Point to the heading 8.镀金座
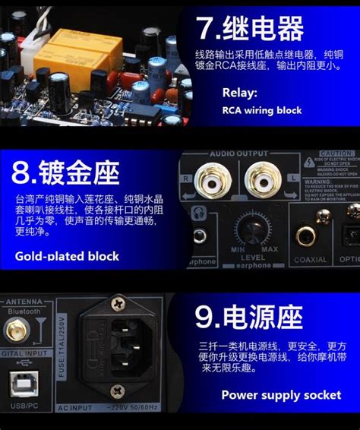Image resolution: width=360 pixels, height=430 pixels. [x=67, y=173]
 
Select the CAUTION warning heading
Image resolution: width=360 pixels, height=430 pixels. [x=337, y=153]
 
